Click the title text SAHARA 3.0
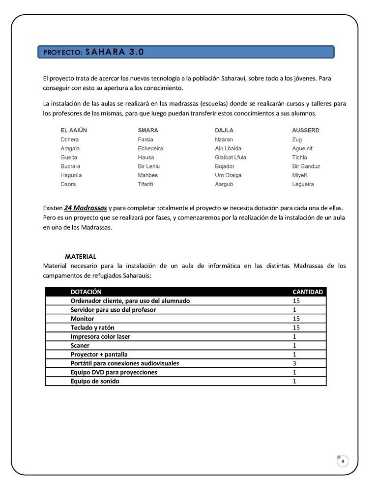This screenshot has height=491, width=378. click(115, 52)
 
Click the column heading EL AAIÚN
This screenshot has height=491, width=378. click(74, 131)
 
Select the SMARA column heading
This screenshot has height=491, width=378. click(148, 131)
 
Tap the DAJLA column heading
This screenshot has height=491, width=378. click(224, 131)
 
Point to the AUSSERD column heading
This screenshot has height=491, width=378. click(306, 131)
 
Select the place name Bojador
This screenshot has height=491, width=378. click(225, 166)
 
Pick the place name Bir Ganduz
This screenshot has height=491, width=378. click(306, 166)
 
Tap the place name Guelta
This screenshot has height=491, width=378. click(69, 158)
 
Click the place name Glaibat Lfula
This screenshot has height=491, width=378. click(231, 158)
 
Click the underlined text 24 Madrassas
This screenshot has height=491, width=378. click(86, 208)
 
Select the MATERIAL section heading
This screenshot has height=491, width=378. click(81, 257)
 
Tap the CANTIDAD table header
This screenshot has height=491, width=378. click(308, 292)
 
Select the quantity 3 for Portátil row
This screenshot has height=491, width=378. click(294, 363)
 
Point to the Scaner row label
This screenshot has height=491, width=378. click(80, 346)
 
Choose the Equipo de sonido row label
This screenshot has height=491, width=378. click(95, 381)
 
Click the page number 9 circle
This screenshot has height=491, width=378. click(343, 462)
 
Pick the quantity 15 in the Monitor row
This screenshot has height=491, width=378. click(296, 319)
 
